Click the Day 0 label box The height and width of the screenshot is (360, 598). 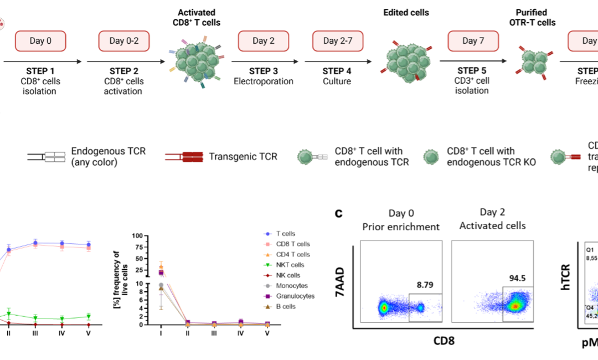pos(40,41)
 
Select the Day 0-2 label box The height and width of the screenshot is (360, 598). pos(124,41)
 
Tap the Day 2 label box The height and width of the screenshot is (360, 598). pos(264,41)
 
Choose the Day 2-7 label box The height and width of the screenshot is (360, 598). pos(338,41)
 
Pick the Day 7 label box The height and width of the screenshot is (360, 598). pos(473,41)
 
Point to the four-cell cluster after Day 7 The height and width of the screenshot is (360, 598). pos(534,61)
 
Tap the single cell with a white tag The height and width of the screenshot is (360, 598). pos(306,157)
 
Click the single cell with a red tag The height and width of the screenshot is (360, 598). pos(559,157)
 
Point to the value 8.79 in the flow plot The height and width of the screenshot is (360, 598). pos(425,285)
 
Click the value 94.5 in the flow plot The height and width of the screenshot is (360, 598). pos(518,279)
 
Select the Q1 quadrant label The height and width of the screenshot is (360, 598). pos(590,250)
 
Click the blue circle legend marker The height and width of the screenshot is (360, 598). pos(267,234)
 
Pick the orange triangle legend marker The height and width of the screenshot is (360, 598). pos(267,255)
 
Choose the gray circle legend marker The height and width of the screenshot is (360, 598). pos(267,286)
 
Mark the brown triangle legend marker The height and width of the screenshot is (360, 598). pos(267,306)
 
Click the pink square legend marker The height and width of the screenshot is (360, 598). pos(267,244)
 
